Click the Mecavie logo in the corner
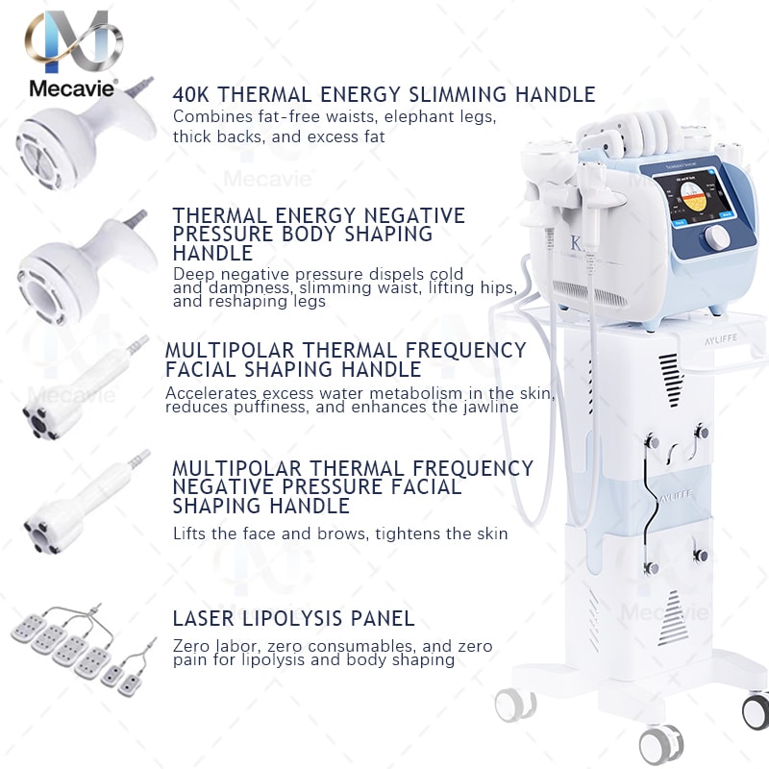pyautogui.click(x=73, y=53)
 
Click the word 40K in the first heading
pyautogui.click(x=193, y=94)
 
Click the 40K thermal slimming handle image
pyautogui.click(x=82, y=135)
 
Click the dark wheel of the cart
pyautogui.click(x=757, y=711)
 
